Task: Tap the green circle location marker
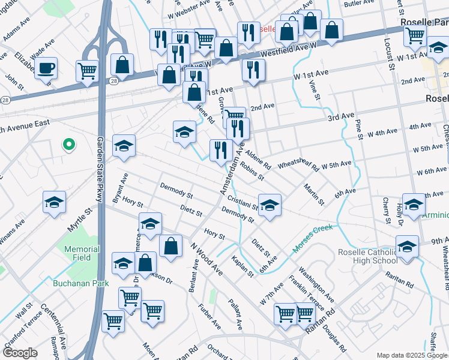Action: coord(68,144)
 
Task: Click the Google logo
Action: coord(20,353)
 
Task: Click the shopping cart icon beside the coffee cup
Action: coord(87,70)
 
